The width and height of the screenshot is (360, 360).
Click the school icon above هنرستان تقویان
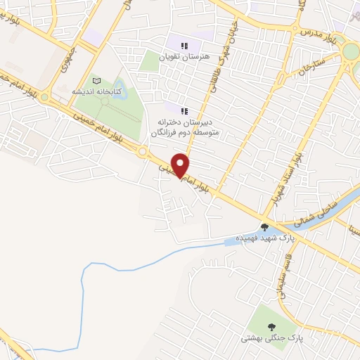184,46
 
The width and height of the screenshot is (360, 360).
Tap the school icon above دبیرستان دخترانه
184,111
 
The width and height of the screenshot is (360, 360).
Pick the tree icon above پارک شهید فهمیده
264,227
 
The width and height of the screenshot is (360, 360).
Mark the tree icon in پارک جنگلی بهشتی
271,327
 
